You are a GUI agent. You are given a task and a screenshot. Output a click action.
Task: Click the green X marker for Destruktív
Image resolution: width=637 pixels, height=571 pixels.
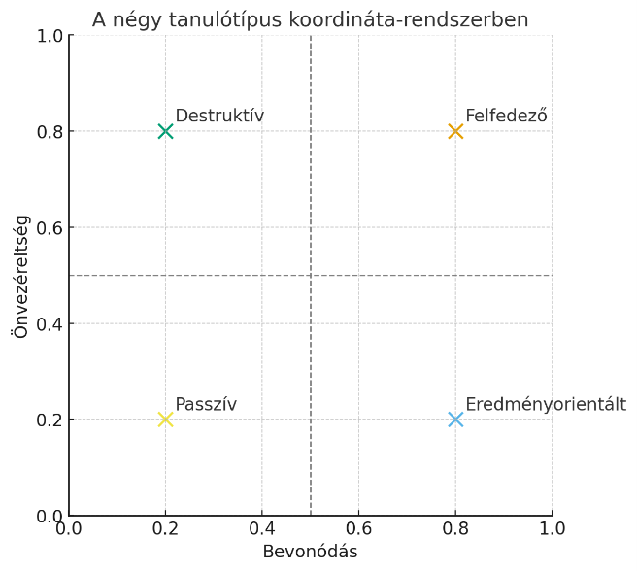click(165, 131)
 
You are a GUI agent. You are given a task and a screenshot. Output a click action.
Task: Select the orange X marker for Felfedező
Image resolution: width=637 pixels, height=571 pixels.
click(455, 131)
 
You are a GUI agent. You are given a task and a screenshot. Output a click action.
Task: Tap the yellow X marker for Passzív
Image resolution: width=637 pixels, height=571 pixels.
click(165, 420)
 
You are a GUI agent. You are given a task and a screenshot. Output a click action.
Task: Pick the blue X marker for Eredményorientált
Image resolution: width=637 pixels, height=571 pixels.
click(455, 420)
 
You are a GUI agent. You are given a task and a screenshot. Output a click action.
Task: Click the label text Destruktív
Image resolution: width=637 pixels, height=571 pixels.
click(219, 117)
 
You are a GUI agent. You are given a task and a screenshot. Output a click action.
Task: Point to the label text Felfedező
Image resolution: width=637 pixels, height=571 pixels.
click(506, 117)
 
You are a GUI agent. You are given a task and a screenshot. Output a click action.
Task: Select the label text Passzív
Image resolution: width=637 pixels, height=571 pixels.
click(206, 405)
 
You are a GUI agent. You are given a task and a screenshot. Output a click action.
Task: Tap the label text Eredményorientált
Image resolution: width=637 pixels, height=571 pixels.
click(546, 405)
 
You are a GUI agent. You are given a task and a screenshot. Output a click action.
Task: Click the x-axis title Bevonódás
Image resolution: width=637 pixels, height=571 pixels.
click(310, 552)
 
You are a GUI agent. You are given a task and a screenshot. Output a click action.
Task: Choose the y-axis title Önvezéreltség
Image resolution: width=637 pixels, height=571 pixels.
click(21, 276)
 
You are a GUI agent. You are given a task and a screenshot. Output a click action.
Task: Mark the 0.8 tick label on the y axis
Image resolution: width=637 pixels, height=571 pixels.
click(49, 131)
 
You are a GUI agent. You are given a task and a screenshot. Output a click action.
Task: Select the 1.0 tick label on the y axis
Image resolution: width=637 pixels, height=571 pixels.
click(49, 36)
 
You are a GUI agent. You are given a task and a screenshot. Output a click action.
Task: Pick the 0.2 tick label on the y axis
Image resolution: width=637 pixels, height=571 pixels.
click(49, 420)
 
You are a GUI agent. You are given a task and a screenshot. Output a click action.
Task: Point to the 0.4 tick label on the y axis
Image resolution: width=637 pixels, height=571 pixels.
click(49, 323)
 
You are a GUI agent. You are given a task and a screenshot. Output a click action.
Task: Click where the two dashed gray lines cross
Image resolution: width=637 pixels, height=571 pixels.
click(311, 275)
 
